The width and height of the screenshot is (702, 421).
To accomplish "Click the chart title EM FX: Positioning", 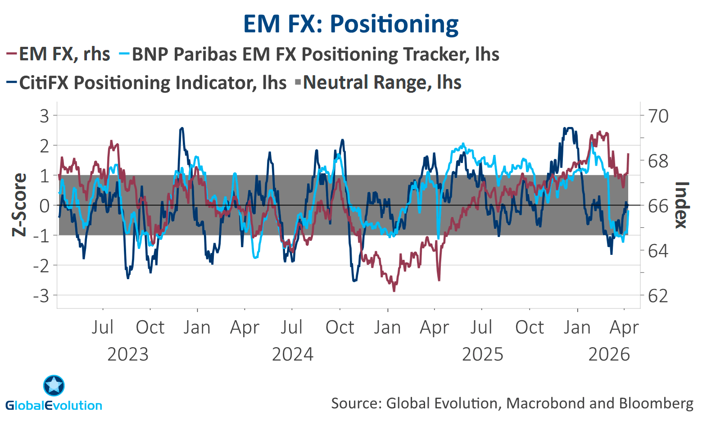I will (351, 24).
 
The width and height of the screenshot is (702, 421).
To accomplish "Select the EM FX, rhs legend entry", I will (59, 54).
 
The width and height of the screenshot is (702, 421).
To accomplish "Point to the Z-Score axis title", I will (19, 205).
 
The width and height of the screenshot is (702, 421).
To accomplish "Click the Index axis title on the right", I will (682, 205).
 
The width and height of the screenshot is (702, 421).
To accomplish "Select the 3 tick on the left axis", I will (44, 116).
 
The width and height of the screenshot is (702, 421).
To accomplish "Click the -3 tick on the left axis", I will (41, 296).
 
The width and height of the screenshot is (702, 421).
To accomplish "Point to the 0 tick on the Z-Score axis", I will (44, 206).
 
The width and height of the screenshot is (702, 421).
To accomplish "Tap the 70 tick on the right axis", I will (658, 116).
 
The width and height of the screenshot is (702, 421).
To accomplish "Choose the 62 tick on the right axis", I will (658, 296).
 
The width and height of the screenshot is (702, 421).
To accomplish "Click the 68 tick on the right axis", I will (658, 161).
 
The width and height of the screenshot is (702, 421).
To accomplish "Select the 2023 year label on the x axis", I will (128, 355).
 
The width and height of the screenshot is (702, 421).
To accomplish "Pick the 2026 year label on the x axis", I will (609, 355).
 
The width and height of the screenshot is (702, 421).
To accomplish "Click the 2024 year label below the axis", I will (293, 355).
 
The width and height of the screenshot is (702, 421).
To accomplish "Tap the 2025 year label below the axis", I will (483, 355).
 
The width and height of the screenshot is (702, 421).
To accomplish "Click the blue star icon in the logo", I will (54, 386).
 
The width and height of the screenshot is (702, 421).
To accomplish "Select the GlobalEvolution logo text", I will (54, 405).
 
